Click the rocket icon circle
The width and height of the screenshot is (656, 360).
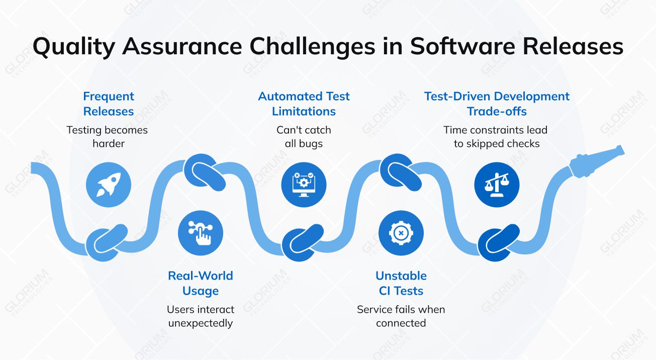point(109,185)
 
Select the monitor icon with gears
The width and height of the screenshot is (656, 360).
point(304,185)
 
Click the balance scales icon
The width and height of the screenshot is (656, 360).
point(497,185)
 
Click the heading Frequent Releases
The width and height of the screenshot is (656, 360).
point(109,104)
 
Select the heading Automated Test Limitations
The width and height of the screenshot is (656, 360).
point(304,104)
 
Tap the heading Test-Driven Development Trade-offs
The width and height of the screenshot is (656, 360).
point(497,104)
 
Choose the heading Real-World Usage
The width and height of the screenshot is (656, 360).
point(201,283)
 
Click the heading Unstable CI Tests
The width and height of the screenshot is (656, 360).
point(401,283)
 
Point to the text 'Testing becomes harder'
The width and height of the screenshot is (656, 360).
point(107,137)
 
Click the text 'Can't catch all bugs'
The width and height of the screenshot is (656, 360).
point(304,137)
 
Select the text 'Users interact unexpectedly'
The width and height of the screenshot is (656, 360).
point(201,316)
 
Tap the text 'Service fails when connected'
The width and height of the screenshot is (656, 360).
point(401,316)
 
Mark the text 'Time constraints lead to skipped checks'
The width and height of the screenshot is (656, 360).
point(496,137)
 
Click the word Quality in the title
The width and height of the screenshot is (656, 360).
point(74,47)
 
